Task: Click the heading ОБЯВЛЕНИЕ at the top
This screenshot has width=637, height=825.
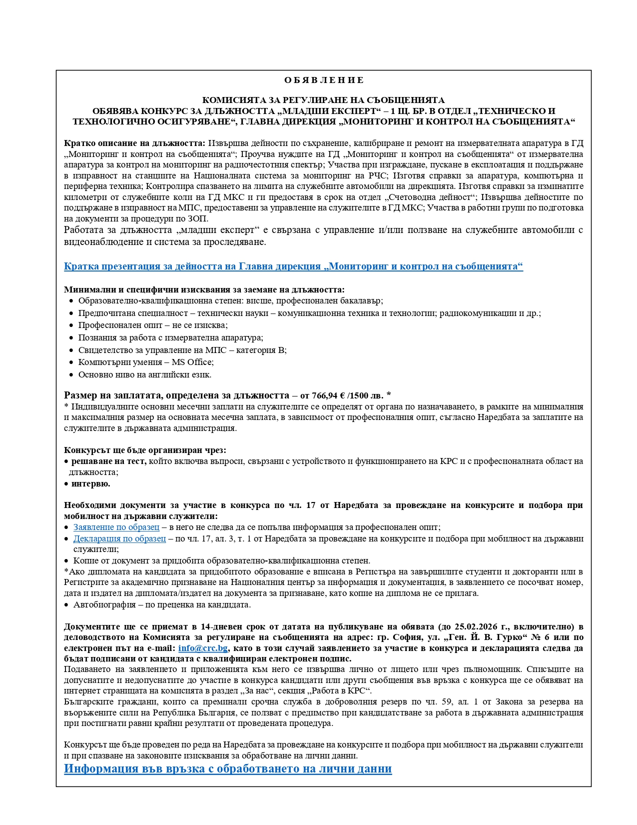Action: point(324,80)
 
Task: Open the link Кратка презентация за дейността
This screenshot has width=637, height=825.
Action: point(293,266)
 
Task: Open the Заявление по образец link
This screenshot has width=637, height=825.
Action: point(116,527)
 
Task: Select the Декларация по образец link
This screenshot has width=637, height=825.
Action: point(119,538)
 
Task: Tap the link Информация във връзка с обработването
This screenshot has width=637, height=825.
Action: point(228,768)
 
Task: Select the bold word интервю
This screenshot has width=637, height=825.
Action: point(90,484)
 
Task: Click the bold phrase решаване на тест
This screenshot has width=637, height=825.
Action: point(109,461)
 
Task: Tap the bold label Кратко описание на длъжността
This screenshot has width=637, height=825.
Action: point(134,143)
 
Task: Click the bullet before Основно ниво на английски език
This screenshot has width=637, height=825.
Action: point(71,375)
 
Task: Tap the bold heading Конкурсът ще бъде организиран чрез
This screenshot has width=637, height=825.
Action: point(145,450)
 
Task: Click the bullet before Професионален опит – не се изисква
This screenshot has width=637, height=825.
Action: point(71,325)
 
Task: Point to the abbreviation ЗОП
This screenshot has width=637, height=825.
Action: point(199,219)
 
